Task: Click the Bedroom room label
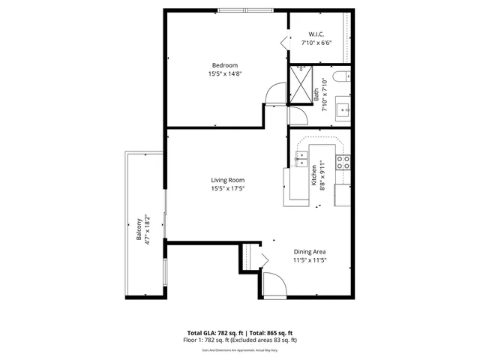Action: [x=225, y=64]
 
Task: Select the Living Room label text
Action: [x=227, y=180]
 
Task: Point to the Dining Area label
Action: [x=310, y=251]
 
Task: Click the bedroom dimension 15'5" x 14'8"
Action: [x=225, y=73]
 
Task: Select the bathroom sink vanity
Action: [x=344, y=109]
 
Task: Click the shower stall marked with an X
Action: [x=302, y=83]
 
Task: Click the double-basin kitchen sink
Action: [x=302, y=158]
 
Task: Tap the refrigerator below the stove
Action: [x=343, y=194]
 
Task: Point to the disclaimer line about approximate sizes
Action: [x=239, y=349]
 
